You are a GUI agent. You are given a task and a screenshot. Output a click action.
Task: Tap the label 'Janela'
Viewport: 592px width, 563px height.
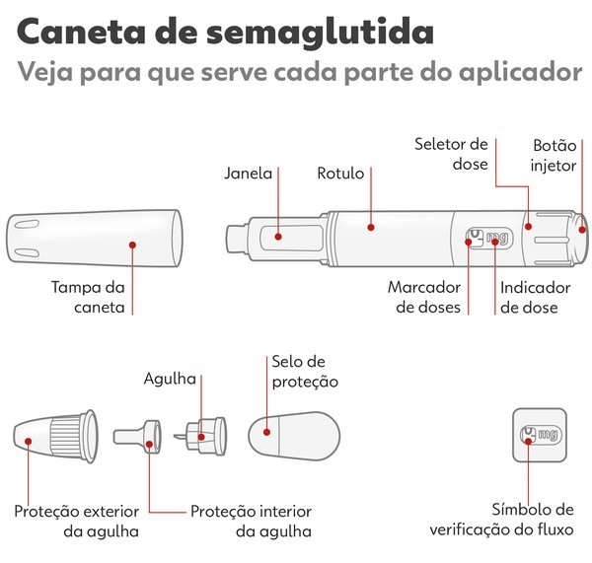tap(248, 174)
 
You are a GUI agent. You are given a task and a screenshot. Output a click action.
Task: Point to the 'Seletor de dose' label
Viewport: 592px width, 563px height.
tap(451, 155)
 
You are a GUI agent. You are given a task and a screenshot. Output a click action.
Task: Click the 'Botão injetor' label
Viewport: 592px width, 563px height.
tap(554, 155)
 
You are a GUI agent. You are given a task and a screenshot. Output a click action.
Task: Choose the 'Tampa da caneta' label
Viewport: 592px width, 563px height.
tap(88, 298)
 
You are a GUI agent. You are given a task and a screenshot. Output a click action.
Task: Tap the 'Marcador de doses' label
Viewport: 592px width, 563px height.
tap(424, 297)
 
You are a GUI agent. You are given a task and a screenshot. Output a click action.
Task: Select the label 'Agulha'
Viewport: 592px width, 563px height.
tap(170, 379)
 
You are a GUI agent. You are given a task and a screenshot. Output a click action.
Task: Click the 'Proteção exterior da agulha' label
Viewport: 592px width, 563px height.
tap(76, 522)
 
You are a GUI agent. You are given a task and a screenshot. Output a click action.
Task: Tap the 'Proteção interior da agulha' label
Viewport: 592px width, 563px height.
tap(251, 522)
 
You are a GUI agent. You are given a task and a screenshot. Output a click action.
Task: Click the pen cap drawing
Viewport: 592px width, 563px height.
tap(94, 238)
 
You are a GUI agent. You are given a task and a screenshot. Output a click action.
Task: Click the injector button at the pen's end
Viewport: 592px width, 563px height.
tap(582, 230)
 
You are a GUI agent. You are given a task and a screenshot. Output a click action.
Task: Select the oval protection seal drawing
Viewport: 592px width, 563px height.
tap(293, 434)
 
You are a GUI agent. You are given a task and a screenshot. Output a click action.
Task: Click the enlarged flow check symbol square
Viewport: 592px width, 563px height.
tap(538, 435)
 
